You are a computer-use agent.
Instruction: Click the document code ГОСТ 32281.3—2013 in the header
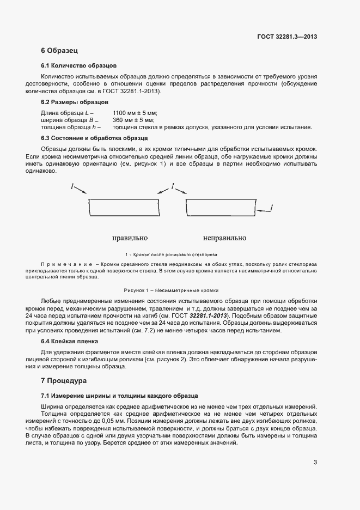(287, 37)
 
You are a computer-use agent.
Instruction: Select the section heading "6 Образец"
(60, 51)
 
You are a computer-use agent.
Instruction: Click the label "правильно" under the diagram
(130, 238)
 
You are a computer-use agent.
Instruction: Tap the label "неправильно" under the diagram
(224, 238)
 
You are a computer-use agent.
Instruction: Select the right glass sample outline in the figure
(220, 209)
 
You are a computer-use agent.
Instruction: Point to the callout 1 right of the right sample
(271, 208)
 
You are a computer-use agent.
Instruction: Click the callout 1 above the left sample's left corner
(72, 187)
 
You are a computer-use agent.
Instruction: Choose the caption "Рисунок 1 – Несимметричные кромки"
(171, 290)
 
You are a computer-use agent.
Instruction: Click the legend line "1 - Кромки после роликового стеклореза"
(171, 254)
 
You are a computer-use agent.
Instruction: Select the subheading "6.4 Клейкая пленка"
(69, 341)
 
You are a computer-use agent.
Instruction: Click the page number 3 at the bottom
(315, 463)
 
